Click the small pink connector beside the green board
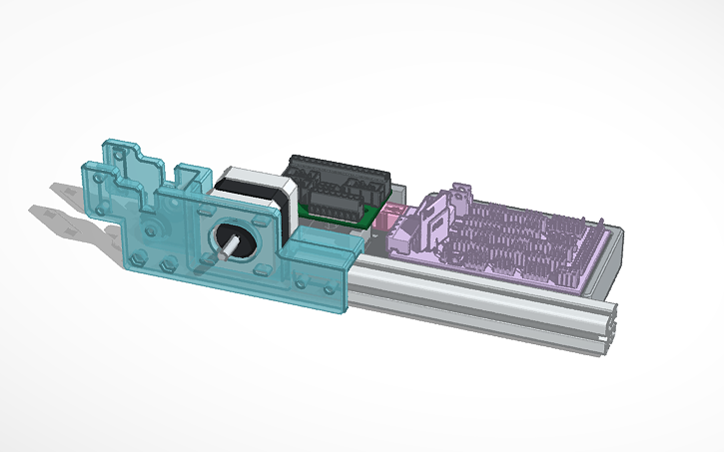coord(389,214)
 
